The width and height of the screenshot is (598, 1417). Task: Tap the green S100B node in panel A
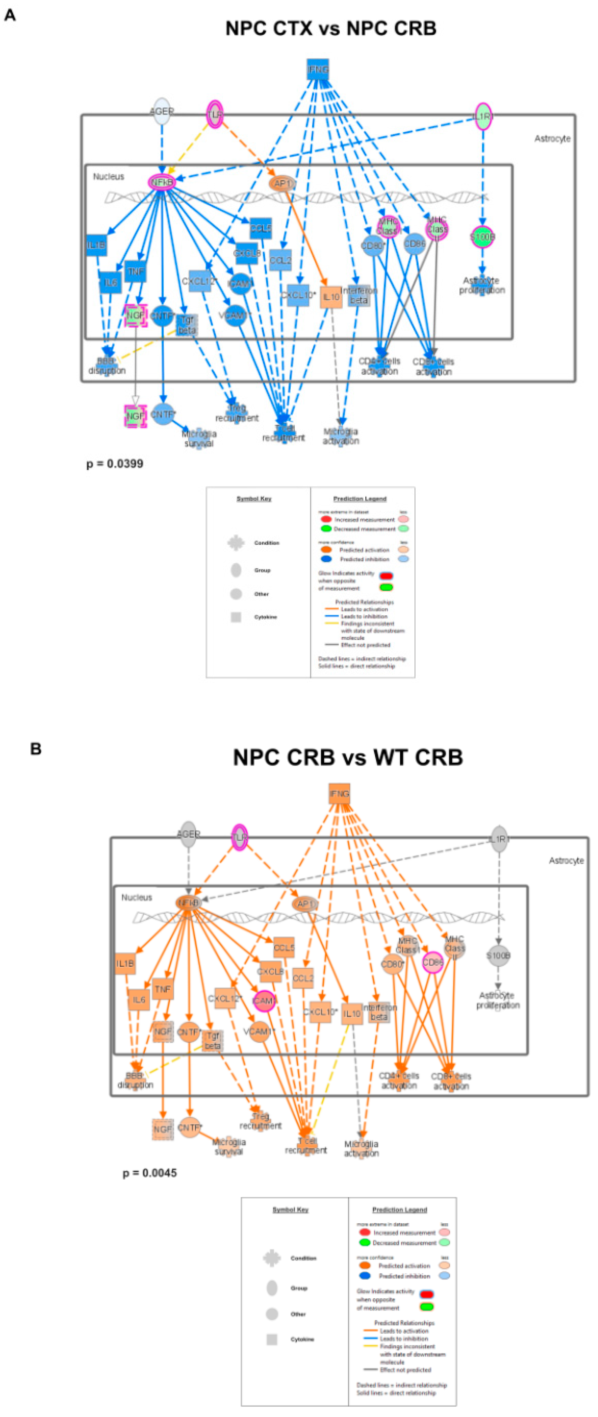tap(482, 237)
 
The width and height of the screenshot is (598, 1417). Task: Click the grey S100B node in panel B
tap(499, 956)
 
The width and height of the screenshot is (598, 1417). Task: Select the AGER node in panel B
tap(188, 835)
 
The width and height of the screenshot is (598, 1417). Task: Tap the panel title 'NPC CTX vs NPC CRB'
tap(331, 28)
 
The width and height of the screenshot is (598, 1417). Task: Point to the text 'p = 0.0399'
tap(115, 464)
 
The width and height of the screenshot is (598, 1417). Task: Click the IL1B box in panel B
tap(125, 964)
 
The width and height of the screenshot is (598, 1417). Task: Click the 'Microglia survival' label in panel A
tap(199, 438)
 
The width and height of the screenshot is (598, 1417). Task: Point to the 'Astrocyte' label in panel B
tap(566, 860)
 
